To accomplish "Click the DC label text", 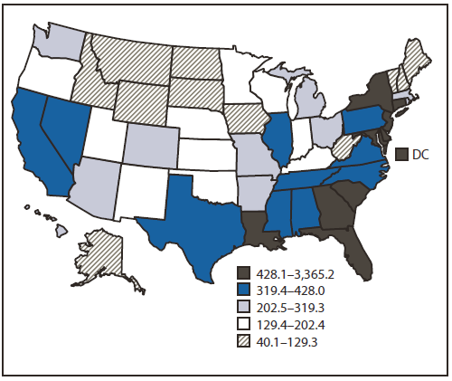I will [420, 155].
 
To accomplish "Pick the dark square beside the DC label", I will [400, 155].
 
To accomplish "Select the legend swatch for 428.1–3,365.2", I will [243, 272].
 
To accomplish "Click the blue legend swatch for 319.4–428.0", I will [243, 290].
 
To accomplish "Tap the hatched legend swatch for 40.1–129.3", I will [243, 341].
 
